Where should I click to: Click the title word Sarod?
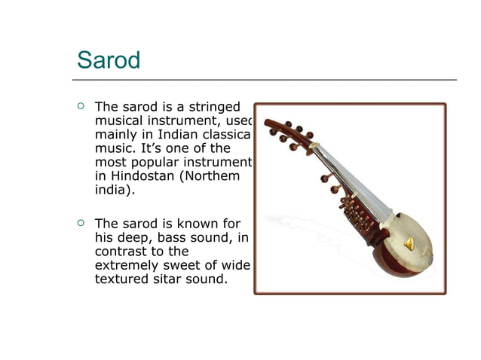point(109,60)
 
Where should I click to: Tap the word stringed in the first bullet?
point(213,107)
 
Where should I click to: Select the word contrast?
point(121,252)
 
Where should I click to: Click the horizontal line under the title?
point(264,79)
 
